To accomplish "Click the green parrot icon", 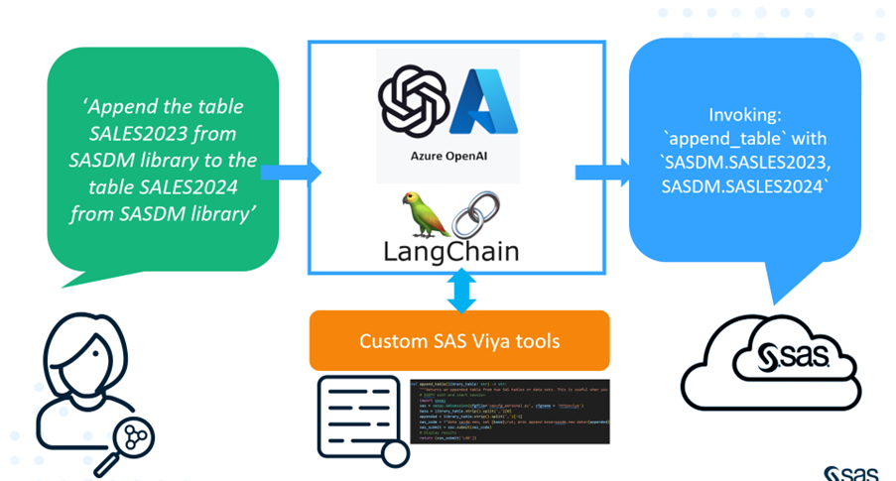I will [414, 212].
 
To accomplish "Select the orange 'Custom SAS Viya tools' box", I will [458, 341].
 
